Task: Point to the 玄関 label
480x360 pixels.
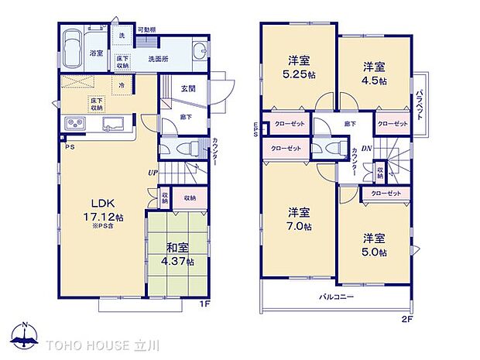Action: tap(188, 88)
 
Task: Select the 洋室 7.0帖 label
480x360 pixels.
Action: tap(298, 218)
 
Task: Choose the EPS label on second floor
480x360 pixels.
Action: tap(256, 132)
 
